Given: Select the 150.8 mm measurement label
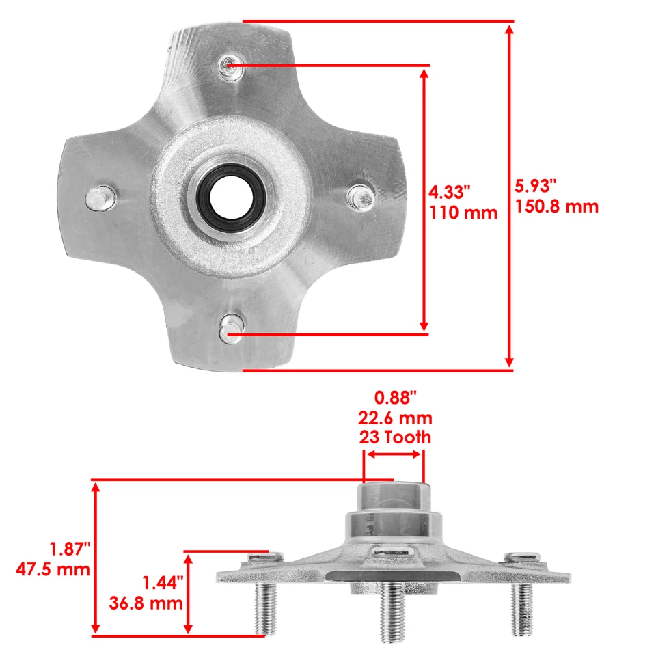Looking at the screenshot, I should pos(556,206).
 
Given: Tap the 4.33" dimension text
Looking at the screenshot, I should pos(450,191).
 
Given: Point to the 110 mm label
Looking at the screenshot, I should pos(463,213).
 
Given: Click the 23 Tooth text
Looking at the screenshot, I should pos(396,437).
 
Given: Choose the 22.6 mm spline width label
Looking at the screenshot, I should pos(396,418).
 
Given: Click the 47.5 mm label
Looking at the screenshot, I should pos(53,569).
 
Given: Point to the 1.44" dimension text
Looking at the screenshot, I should pos(162,582).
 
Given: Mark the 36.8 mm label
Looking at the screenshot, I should pos(146,603).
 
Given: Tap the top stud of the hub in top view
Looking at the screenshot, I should pos(228,66).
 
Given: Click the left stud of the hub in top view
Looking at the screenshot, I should pos(98,199).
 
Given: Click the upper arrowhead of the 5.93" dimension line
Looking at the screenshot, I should pos(509,29).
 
